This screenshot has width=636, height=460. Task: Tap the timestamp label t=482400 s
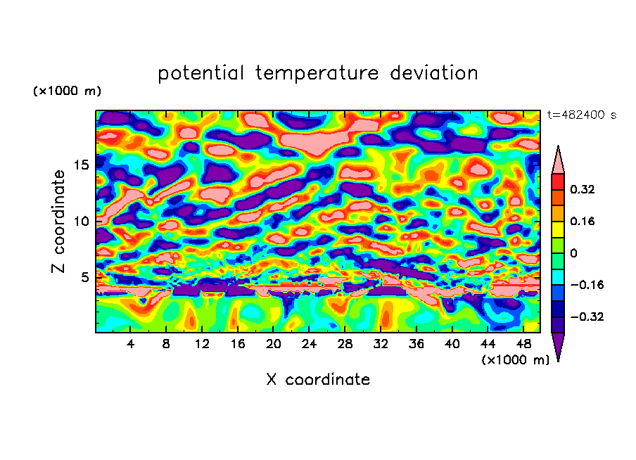[x=581, y=115]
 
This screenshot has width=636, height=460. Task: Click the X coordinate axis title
[x=318, y=380]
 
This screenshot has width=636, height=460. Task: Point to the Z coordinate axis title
[x=59, y=221]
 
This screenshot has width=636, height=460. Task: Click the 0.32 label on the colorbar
[x=583, y=189]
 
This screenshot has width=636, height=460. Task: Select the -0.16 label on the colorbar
[x=585, y=285]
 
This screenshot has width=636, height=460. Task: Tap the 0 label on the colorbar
[x=574, y=253]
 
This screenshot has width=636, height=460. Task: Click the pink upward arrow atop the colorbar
[x=558, y=160]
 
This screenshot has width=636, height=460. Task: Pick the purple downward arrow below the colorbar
[x=558, y=346]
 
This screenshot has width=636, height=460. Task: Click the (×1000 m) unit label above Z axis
[x=67, y=91]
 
